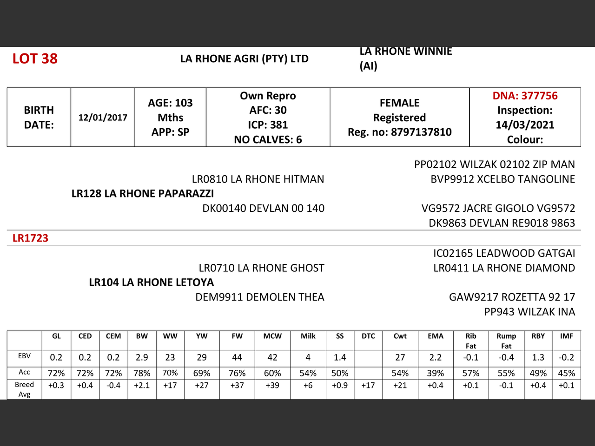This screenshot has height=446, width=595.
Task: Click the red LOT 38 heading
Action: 35,59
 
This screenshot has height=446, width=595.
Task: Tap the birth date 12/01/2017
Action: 103,118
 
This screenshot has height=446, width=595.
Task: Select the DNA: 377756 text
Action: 525,96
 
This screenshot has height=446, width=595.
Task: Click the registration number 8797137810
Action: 421,132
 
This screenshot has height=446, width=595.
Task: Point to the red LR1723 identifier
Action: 30,238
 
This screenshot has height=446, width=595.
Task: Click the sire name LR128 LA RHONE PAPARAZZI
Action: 143,193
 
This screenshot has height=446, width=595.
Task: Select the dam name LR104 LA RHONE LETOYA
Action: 152,282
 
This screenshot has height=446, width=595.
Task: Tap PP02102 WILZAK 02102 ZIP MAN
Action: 494,164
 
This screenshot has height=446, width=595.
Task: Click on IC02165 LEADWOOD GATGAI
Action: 504,253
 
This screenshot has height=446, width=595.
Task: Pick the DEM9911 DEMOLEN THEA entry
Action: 260,297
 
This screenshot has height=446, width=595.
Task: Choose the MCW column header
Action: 272,336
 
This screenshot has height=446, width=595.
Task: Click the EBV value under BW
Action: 142,357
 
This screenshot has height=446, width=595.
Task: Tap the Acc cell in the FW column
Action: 237,373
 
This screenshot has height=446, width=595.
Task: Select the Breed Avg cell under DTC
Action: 368,385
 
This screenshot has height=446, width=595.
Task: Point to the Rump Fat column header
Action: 506,341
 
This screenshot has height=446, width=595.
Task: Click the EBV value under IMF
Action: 566,357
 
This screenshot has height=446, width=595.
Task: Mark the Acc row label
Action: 24,372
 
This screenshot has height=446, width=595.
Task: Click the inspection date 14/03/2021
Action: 525,125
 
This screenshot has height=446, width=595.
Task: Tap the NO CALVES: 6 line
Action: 268,139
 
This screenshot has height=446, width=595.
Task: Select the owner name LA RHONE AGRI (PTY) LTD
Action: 244,59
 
